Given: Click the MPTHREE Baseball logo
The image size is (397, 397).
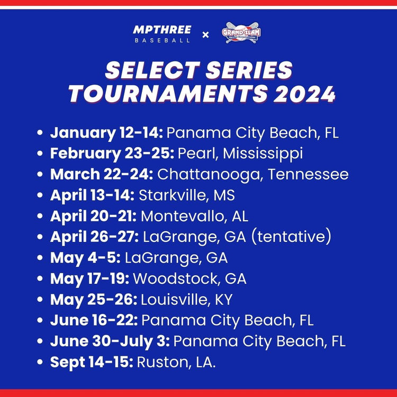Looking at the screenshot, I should point(162,33).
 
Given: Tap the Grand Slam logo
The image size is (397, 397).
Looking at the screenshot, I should point(241,33).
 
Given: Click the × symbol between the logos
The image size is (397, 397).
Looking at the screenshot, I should point(205,35).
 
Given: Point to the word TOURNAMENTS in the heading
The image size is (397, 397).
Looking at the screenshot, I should point(167,93).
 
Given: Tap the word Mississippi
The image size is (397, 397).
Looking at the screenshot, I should point(263,154).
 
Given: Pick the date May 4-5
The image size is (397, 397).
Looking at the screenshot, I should point(85,258).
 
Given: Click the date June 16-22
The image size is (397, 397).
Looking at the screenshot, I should point(94,320).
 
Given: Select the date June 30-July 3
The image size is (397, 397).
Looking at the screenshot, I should point(110,341).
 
